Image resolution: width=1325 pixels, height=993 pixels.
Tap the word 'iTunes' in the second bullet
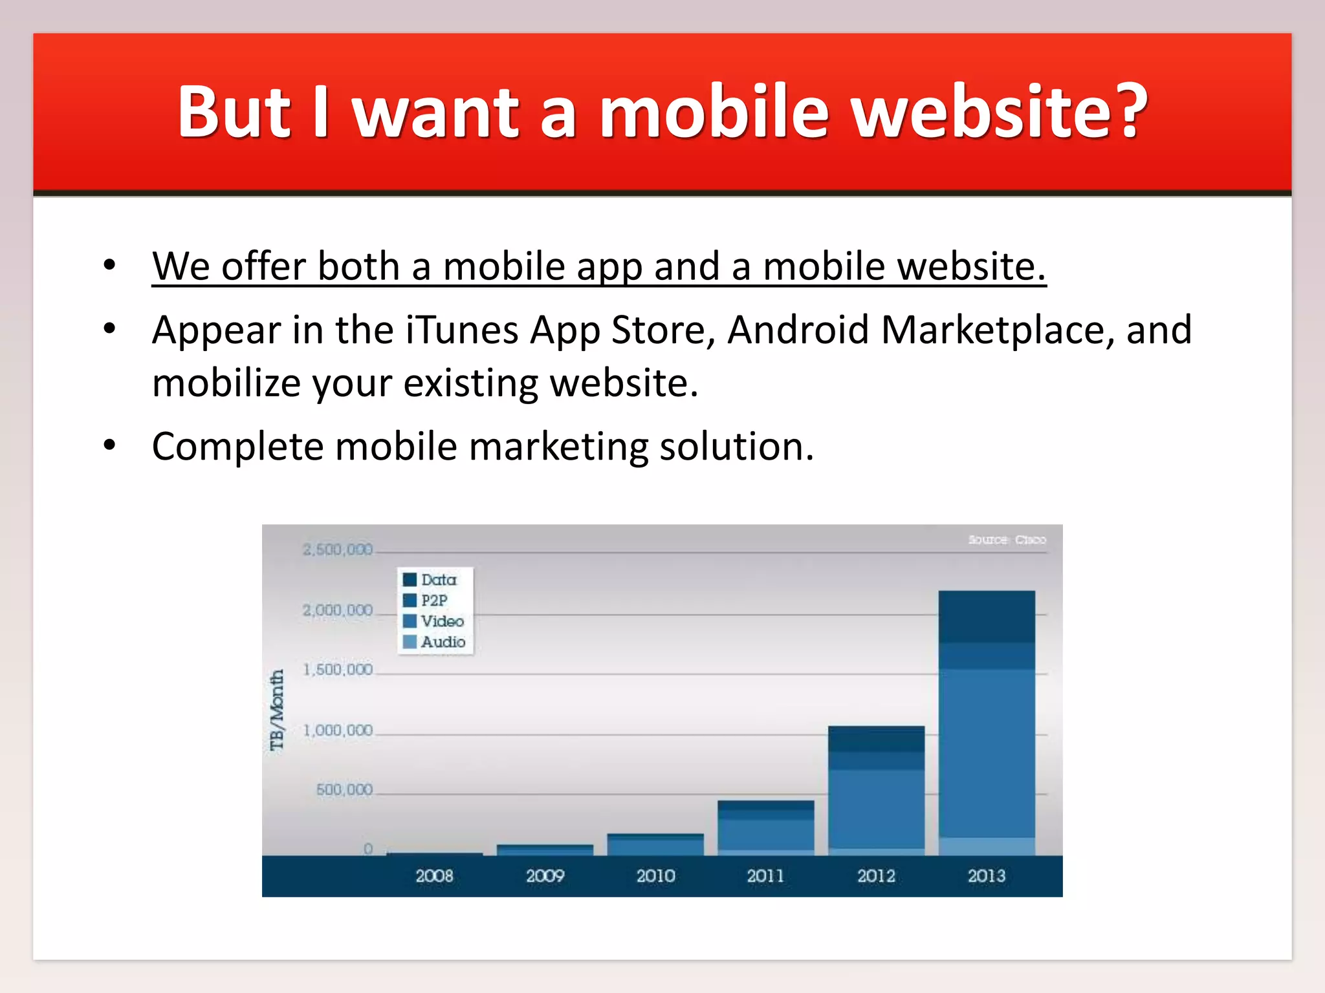tap(462, 330)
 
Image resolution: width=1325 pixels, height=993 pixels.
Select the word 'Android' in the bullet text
tap(798, 330)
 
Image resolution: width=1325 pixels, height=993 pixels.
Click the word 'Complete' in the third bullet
tap(237, 447)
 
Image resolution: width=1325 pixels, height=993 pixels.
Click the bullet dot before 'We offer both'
tap(109, 265)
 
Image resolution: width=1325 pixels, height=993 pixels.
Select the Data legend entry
tap(432, 579)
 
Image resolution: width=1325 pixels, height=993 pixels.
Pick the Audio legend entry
tap(435, 642)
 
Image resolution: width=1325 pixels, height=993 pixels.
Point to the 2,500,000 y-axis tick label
tap(338, 550)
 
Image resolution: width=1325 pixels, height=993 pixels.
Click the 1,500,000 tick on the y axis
tap(338, 670)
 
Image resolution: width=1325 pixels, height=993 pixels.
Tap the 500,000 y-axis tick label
tap(344, 789)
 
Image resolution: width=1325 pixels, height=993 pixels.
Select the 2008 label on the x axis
tap(434, 876)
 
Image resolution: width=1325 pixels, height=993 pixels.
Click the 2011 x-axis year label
tap(765, 876)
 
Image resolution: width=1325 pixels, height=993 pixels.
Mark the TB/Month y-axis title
tap(277, 710)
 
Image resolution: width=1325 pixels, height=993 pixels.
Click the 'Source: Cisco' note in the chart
tap(1007, 540)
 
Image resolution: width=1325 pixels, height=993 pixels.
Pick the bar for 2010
tap(655, 844)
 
